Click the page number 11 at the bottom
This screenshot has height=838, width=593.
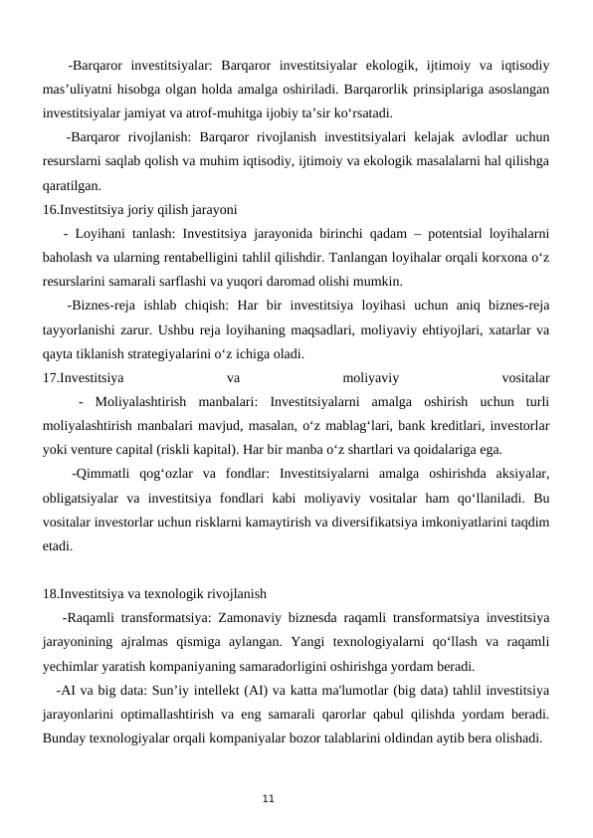click(267, 798)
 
